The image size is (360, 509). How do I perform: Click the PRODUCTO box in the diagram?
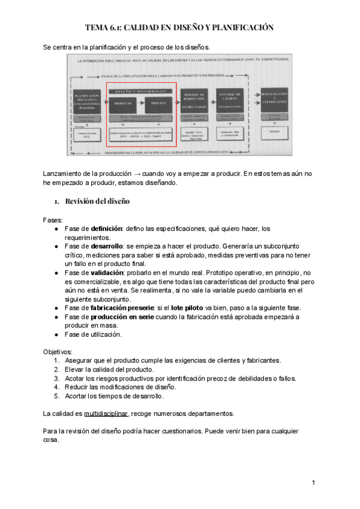(122, 103)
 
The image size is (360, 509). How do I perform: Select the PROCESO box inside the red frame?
(158, 103)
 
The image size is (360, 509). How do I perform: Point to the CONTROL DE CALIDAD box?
(232, 98)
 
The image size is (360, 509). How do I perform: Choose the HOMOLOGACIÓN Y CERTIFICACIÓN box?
(275, 98)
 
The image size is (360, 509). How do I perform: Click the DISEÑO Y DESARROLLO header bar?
(140, 91)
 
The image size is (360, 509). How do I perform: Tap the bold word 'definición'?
(106, 229)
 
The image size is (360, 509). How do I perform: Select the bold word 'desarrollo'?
(107, 246)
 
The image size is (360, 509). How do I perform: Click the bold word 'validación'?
(106, 272)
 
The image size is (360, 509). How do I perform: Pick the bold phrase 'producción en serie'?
(121, 316)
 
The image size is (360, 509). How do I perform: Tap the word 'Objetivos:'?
(58, 351)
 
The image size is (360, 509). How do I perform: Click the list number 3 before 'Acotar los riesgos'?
(56, 378)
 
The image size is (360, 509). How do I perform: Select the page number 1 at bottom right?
(313, 483)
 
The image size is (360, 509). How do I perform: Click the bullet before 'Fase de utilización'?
(56, 334)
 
